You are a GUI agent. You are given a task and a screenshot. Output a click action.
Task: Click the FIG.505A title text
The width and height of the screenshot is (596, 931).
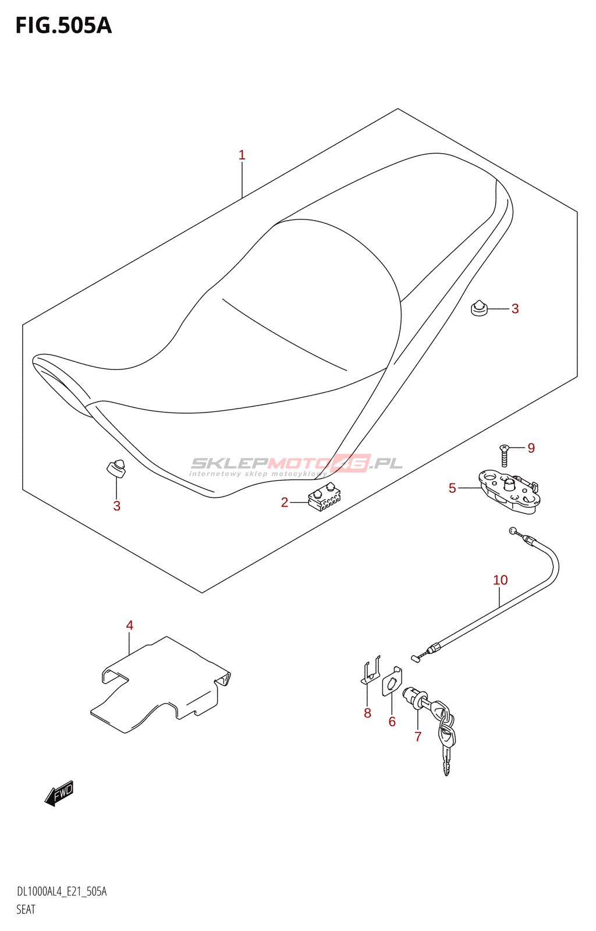63,26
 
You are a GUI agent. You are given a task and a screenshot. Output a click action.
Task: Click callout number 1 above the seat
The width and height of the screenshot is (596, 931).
242,155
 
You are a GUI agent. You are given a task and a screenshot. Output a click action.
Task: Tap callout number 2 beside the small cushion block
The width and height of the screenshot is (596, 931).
285,503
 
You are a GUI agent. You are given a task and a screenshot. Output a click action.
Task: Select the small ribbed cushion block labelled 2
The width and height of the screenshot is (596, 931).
325,498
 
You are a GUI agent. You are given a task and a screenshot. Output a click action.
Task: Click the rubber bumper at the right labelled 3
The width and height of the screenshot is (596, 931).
478,308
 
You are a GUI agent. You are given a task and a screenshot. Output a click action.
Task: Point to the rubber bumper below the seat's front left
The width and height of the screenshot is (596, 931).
116,468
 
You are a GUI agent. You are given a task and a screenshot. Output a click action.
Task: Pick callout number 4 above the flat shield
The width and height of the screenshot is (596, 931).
130,626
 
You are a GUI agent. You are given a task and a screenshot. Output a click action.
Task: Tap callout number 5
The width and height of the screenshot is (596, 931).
452,488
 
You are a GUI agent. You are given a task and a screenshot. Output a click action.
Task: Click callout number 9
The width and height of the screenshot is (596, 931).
531,448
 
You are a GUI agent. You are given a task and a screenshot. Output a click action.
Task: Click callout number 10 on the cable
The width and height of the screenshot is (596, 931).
501,580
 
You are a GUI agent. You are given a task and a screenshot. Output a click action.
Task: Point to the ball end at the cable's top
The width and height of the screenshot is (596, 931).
512,530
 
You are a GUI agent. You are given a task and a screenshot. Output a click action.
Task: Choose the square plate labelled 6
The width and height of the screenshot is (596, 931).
392,681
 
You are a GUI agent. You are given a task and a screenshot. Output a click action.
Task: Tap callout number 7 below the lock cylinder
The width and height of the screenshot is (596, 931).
418,737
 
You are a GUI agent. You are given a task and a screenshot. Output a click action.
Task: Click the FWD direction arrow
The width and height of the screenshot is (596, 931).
59,793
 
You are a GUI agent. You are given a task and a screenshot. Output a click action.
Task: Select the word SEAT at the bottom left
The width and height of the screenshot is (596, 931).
26,909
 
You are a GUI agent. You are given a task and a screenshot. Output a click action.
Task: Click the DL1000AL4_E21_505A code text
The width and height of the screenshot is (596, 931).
62,892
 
